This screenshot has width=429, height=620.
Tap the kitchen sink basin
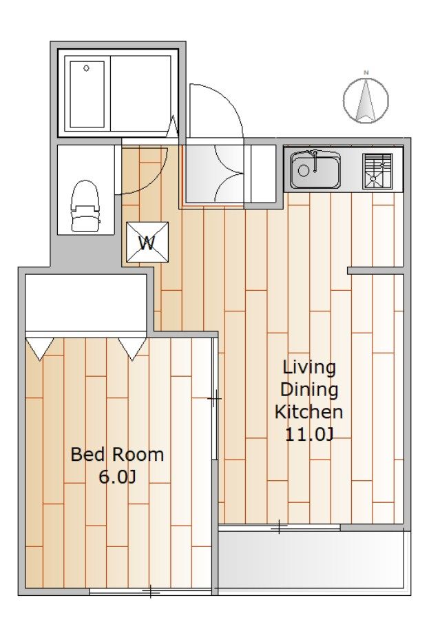[x=315, y=169]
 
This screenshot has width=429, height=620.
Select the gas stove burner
[x=377, y=171]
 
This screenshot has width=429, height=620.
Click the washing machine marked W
[x=147, y=242]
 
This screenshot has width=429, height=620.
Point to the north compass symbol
[x=366, y=100]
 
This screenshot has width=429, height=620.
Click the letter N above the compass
[x=366, y=72]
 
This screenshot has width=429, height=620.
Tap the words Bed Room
[x=117, y=455]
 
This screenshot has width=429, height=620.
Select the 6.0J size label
[x=117, y=477]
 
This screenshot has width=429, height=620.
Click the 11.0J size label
[x=310, y=435]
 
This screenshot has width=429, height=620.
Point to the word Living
[x=309, y=368]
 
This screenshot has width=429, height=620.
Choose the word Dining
[x=309, y=390]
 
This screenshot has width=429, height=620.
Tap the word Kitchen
[x=308, y=412]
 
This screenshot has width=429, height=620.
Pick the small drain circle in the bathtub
[x=86, y=68]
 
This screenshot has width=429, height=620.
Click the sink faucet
[x=315, y=161]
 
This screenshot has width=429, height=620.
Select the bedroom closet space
[x=86, y=302]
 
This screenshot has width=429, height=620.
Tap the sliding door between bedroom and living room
[x=215, y=399]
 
